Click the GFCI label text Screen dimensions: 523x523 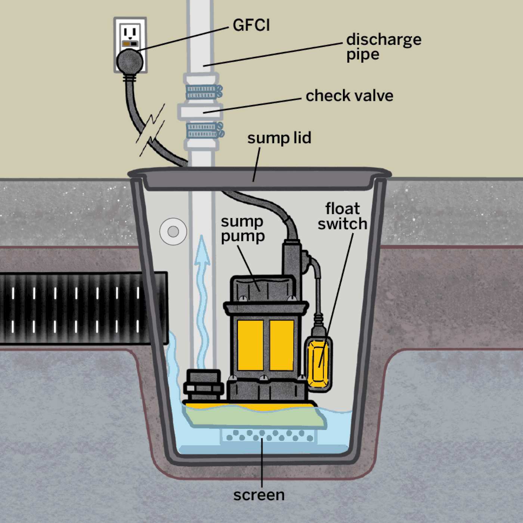click(x=251, y=25)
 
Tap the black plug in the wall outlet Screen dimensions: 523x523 click(x=130, y=61)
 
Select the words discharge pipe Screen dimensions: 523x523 click(x=383, y=47)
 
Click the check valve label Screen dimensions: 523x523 click(x=349, y=96)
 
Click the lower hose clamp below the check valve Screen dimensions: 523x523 click(x=204, y=130)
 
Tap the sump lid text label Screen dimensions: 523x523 click(x=279, y=138)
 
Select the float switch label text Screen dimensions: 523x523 click(x=342, y=216)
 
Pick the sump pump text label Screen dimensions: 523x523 click(x=242, y=229)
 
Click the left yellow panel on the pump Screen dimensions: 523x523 click(x=250, y=345)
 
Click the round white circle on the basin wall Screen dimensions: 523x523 click(x=173, y=232)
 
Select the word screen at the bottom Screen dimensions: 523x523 click(x=259, y=495)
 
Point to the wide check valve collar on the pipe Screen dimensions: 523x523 click(x=201, y=111)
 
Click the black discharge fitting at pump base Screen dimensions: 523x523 click(x=203, y=385)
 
